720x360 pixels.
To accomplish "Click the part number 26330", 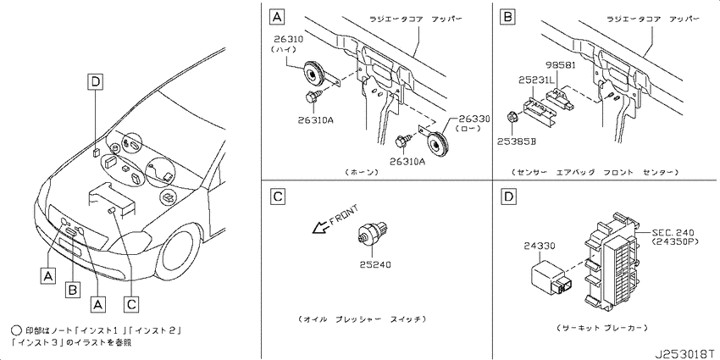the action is click(474, 119).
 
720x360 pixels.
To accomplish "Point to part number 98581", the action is click(561, 65).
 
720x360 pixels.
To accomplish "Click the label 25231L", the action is click(537, 80).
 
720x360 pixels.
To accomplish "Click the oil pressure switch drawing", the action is click(373, 231).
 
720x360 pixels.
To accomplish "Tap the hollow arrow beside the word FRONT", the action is click(319, 227).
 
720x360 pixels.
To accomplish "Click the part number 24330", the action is click(540, 246).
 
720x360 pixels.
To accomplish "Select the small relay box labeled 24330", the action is click(551, 279).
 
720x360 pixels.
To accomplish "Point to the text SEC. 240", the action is click(673, 233).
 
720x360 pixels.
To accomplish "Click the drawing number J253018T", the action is click(685, 354).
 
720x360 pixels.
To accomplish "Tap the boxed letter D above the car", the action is click(96, 82).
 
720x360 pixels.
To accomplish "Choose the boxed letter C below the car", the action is click(131, 303).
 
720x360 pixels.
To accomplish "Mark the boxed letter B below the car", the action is click(73, 291).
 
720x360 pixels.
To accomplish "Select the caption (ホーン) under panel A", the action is click(362, 172).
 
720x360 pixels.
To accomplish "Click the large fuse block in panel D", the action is click(610, 259).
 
